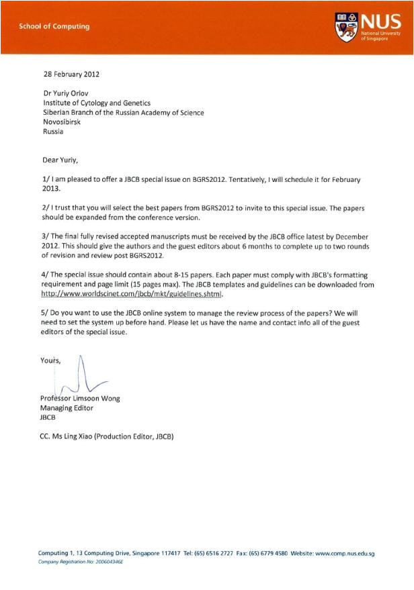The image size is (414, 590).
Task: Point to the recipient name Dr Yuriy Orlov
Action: pos(68,93)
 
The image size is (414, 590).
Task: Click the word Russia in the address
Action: pos(53,132)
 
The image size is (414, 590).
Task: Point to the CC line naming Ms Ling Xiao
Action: pos(108,436)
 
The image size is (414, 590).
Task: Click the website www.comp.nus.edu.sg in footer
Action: pos(344,553)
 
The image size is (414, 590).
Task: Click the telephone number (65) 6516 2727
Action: pos(212,553)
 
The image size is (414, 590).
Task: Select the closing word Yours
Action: pos(51,361)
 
